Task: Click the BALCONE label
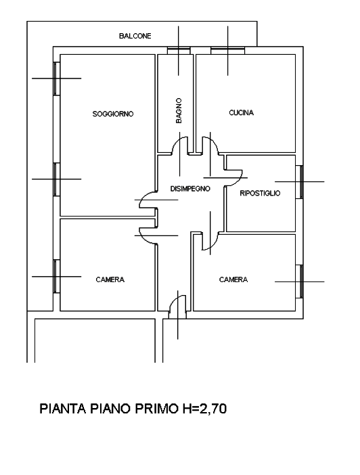coord(135,36)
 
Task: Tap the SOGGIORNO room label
coord(113,114)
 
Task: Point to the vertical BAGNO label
coord(179,110)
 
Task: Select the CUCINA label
coord(241,113)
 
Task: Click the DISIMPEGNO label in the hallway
coord(190,189)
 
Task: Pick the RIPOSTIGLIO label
coord(260,194)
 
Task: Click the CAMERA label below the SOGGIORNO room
coord(110,279)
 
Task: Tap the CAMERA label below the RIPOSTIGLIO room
coord(233,279)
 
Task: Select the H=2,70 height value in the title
coord(204,409)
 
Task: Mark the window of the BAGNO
coord(179,50)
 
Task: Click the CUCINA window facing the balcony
coord(227,50)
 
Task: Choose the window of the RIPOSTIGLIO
coord(299,182)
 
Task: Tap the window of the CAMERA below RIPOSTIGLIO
coord(299,281)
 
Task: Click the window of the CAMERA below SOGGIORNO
coord(57,276)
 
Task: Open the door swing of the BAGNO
coord(176,142)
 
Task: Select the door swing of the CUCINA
coord(214,142)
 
